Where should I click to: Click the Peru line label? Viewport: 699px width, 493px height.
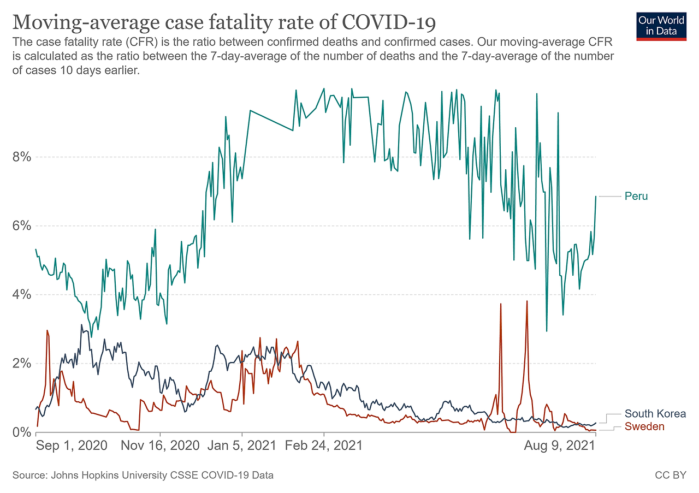pos(636,196)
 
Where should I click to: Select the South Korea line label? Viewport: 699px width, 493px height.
pos(655,414)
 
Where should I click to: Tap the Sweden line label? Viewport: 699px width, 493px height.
pos(644,426)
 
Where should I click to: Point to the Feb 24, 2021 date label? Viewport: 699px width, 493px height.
pos(324,446)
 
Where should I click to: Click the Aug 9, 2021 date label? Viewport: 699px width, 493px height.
pos(560,446)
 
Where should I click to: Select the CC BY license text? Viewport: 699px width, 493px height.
pos(670,476)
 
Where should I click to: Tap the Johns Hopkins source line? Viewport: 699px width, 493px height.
pos(143,476)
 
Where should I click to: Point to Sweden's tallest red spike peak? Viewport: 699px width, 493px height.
pos(527,301)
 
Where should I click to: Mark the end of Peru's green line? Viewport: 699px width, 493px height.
pos(596,196)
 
